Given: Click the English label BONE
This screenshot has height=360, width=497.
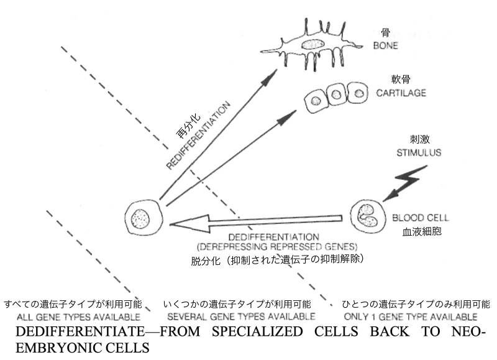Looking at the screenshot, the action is click(x=385, y=45).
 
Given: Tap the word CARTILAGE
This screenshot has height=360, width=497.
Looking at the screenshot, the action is click(x=401, y=93).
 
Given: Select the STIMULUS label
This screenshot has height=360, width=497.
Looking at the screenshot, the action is click(x=419, y=152).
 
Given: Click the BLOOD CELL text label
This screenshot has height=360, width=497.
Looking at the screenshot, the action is click(x=421, y=218).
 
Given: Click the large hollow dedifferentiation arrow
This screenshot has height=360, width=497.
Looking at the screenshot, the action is click(x=256, y=223).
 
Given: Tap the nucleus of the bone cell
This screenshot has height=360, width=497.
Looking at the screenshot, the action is click(x=312, y=44).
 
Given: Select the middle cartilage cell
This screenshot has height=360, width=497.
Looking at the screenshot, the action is click(x=336, y=95).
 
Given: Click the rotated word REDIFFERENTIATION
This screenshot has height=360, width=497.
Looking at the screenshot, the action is click(x=198, y=136).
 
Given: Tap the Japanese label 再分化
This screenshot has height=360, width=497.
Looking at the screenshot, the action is click(x=188, y=127).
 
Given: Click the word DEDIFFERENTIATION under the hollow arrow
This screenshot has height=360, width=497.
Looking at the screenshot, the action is click(x=273, y=237).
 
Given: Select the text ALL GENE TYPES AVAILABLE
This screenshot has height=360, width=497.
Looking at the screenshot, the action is click(x=78, y=317).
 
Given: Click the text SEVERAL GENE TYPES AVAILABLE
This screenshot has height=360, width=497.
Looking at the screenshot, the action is click(x=241, y=316).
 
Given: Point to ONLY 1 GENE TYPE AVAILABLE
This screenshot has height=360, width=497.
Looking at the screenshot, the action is click(x=411, y=316).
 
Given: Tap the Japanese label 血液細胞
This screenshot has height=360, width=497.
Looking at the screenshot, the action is click(x=422, y=231).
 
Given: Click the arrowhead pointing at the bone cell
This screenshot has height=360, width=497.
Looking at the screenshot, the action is click(x=269, y=77).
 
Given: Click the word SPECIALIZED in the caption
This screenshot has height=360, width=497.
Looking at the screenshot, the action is click(x=257, y=331).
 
